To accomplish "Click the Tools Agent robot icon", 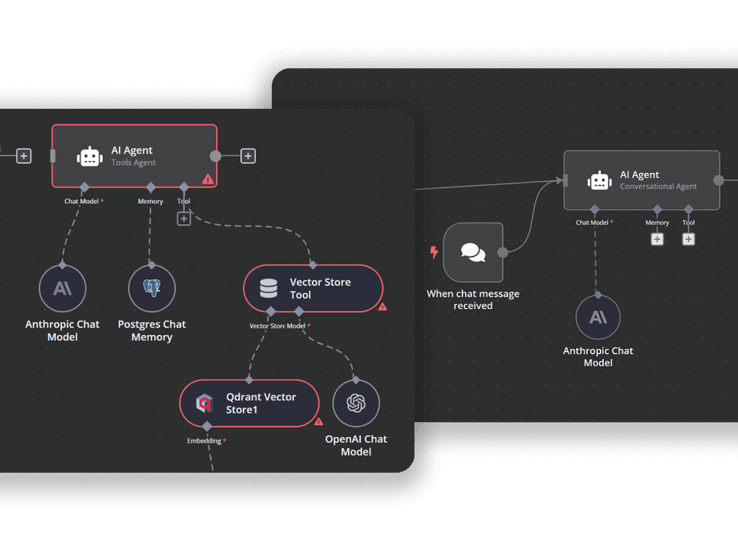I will tap(89, 156).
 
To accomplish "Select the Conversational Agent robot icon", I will tap(600, 181).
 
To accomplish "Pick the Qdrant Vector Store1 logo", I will tap(205, 403).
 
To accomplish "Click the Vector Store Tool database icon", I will tap(268, 289).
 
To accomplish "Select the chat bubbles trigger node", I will tap(474, 252).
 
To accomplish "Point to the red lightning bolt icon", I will tap(434, 252).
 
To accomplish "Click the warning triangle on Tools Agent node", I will tap(208, 179).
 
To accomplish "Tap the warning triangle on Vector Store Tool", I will tap(383, 307).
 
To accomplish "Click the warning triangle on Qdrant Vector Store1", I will tap(319, 422).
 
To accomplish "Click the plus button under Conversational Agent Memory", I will tap(657, 238).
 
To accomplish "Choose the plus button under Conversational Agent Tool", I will tap(688, 238).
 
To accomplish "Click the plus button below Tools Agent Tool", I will tap(184, 218).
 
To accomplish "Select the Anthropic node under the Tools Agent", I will tap(63, 288).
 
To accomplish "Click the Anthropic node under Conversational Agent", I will tap(598, 317).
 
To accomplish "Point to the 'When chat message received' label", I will tap(473, 300).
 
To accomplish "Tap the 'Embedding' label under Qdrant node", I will tap(205, 440).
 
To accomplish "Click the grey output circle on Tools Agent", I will tap(215, 156).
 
